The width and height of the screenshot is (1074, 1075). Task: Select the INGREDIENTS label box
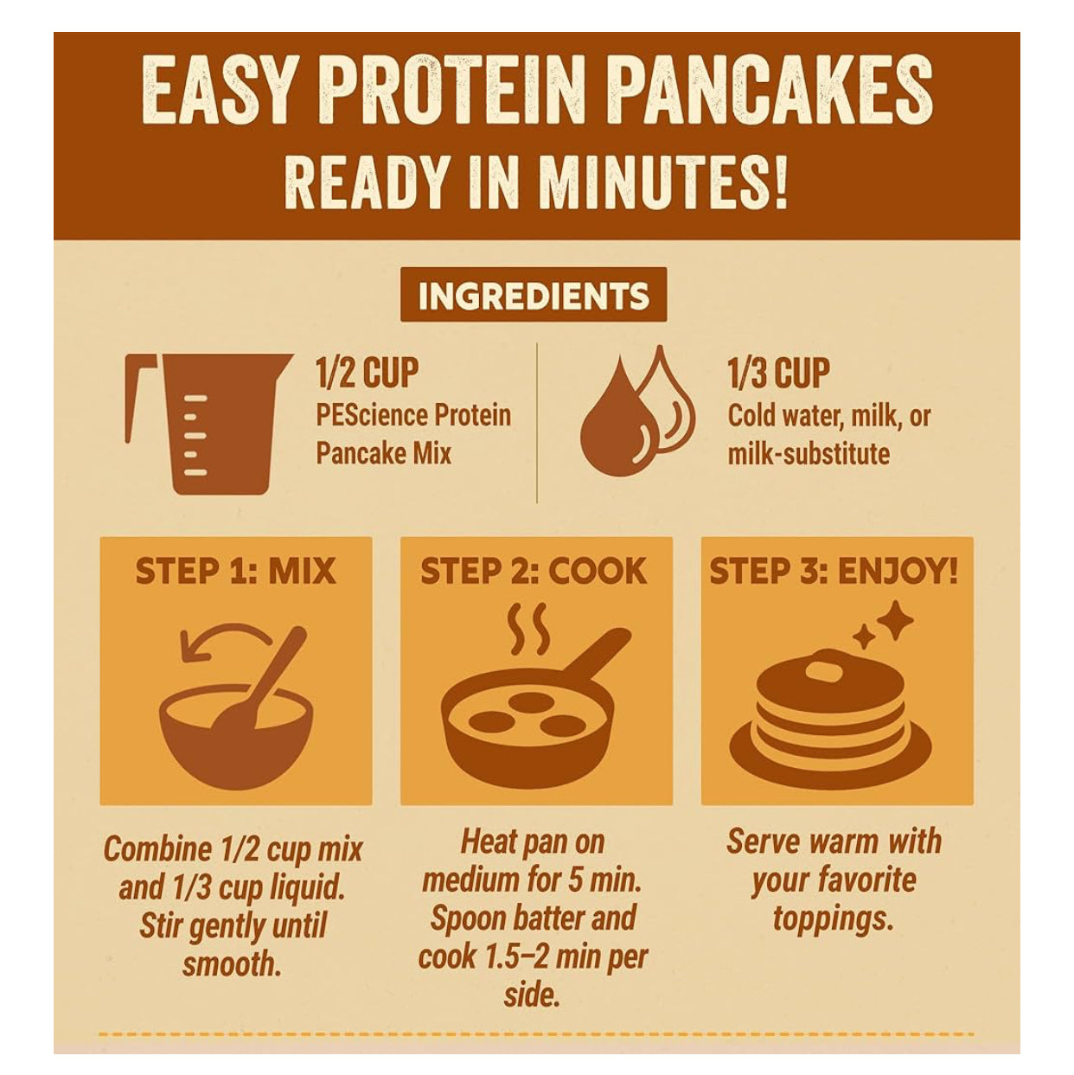click(534, 295)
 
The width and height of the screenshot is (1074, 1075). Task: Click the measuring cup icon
click(208, 424)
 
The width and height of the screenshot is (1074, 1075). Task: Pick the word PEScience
click(371, 416)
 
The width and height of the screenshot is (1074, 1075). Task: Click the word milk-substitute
click(809, 453)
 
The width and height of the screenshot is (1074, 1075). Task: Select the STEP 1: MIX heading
click(235, 571)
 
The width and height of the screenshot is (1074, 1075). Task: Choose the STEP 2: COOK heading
click(534, 571)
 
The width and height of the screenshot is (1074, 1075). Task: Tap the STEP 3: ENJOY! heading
click(834, 571)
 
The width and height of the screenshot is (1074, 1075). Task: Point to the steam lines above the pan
click(529, 628)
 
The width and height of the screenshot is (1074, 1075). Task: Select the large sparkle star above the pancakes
click(894, 620)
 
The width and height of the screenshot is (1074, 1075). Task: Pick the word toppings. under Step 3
click(834, 920)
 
